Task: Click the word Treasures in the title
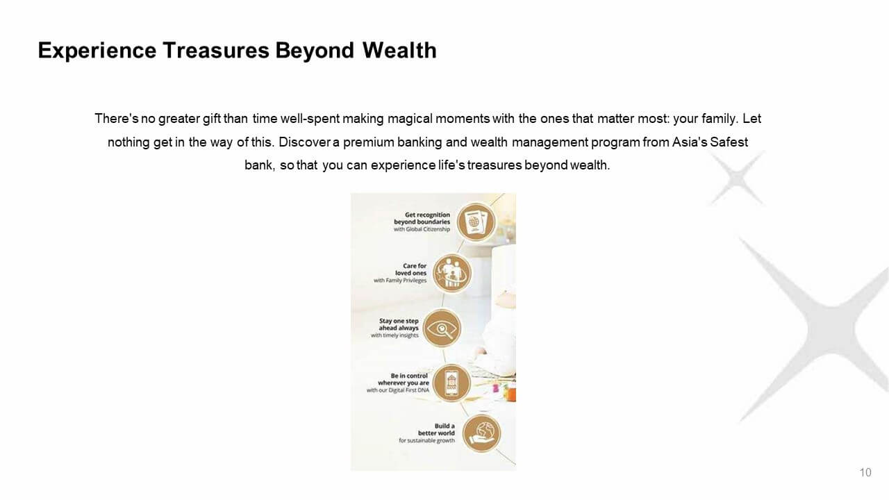click(x=216, y=51)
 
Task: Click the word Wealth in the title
click(x=399, y=51)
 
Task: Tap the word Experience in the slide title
click(x=97, y=51)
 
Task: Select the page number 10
click(x=865, y=472)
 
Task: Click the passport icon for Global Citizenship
click(x=476, y=222)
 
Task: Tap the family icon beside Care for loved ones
click(x=451, y=274)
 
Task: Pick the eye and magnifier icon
click(x=442, y=328)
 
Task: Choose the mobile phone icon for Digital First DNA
click(x=451, y=383)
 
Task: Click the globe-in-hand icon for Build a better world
click(x=482, y=433)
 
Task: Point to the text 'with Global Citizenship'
click(x=422, y=229)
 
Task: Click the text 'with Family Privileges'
click(x=400, y=281)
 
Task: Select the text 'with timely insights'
click(x=394, y=335)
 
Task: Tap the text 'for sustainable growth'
click(x=426, y=440)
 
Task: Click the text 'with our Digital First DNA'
click(x=398, y=390)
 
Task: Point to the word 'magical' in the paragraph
click(x=410, y=119)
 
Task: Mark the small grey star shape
click(x=736, y=177)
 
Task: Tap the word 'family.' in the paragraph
click(x=719, y=119)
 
